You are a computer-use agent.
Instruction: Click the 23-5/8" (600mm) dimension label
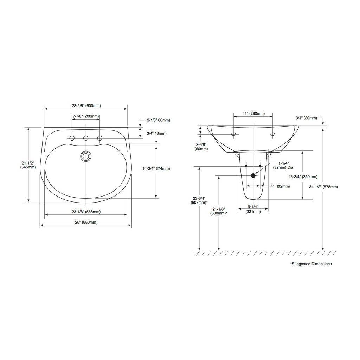[x=86, y=106]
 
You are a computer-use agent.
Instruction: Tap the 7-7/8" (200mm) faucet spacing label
[x=86, y=116]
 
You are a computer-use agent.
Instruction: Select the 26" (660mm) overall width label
[x=86, y=222]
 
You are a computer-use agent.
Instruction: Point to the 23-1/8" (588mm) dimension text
[x=86, y=212]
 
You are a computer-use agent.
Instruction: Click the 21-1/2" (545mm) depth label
[x=28, y=165]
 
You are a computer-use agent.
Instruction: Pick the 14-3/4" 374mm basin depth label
[x=156, y=168]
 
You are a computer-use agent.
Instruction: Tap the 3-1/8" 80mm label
[x=159, y=120]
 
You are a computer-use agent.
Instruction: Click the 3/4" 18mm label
[x=156, y=133]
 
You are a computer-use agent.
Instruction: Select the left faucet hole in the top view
[x=72, y=138]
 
